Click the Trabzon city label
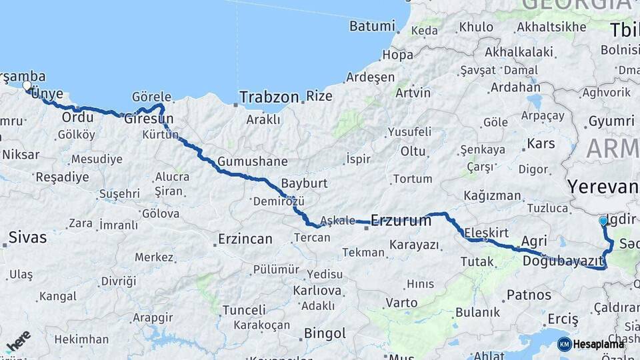click(x=269, y=97)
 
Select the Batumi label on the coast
click(x=371, y=26)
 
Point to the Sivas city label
click(x=27, y=237)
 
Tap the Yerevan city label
click(x=602, y=186)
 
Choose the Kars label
click(x=541, y=143)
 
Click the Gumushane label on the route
click(x=252, y=161)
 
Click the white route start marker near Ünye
click(x=27, y=85)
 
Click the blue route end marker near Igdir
click(x=603, y=221)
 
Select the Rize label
click(x=319, y=96)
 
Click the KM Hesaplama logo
click(x=591, y=344)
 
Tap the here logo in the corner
click(x=19, y=340)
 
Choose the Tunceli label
click(x=244, y=310)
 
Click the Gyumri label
click(x=611, y=121)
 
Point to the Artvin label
click(x=413, y=93)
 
